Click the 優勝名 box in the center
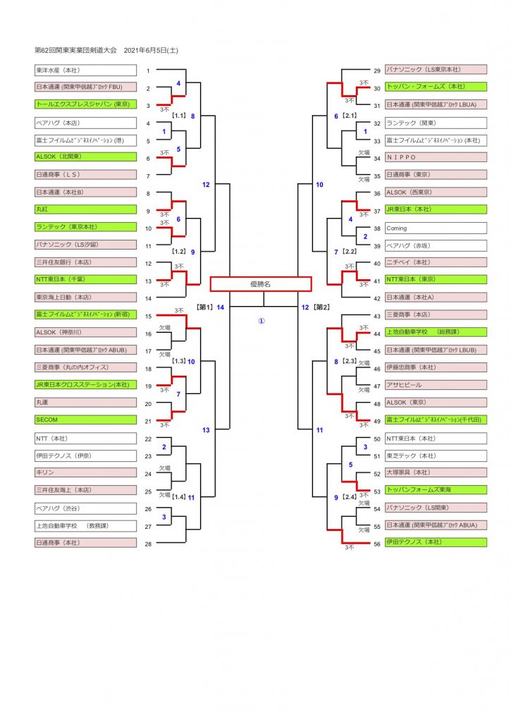[261, 284]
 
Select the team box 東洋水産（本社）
[85, 71]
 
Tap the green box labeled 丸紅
[85, 209]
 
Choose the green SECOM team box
[85, 420]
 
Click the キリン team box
[85, 472]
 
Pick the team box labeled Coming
[436, 228]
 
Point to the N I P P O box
[436, 157]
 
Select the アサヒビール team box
[436, 386]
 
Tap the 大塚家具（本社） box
[436, 472]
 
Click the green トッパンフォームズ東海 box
[436, 490]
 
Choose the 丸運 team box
[85, 403]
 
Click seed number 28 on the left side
[148, 544]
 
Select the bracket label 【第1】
[204, 307]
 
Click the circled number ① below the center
[261, 320]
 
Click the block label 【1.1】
[178, 116]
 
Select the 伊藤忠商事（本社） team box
[436, 368]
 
